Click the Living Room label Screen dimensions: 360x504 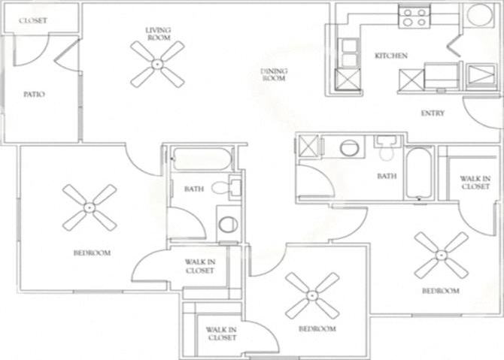158,33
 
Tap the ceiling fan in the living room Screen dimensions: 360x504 157,64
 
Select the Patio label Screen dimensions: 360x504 34,94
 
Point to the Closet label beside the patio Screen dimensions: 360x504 33,21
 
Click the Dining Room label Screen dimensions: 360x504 274,74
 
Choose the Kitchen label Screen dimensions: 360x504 390,56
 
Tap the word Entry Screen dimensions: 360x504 433,113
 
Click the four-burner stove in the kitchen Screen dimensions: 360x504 414,17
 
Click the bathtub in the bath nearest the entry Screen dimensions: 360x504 418,174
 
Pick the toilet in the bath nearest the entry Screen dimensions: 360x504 386,149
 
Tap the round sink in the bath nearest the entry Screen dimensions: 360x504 350,147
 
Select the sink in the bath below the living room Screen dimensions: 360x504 228,223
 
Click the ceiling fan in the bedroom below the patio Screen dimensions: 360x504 90,207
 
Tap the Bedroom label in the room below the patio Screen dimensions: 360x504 92,253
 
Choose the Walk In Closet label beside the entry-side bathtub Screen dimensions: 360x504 475,182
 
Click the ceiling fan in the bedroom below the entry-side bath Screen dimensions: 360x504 441,256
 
